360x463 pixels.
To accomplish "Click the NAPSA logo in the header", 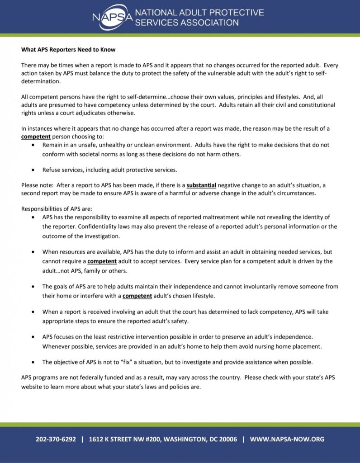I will (x=110, y=17).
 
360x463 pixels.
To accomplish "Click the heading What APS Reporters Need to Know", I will (x=68, y=49).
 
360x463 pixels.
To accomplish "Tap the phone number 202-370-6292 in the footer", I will (x=57, y=439).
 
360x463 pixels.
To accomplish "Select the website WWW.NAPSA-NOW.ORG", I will (x=287, y=439).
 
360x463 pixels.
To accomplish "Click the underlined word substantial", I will (x=201, y=185).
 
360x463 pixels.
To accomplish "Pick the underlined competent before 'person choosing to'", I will (x=36, y=136).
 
